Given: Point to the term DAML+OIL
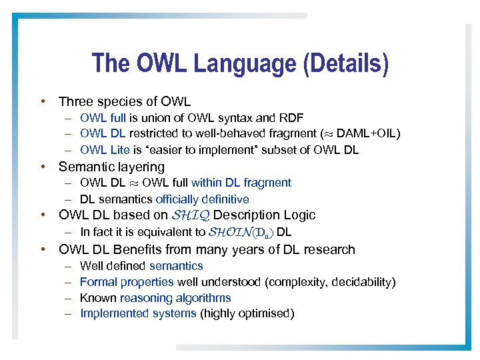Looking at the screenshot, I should [366, 134].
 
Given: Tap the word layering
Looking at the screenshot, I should [141, 167].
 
